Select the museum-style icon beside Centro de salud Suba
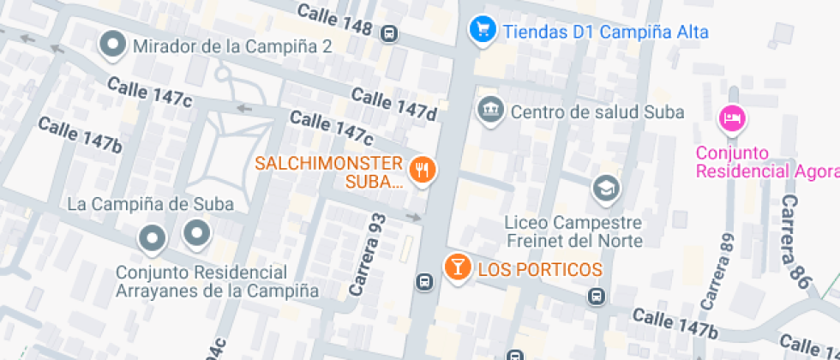coord(490,111)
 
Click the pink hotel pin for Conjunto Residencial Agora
coord(731,117)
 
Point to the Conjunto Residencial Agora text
coord(765,162)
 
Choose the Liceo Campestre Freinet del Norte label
coord(573,231)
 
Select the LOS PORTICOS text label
coord(540,269)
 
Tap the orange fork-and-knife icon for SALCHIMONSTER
coord(421,169)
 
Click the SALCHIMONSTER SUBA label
coord(329,171)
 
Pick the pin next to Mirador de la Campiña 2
coord(112,45)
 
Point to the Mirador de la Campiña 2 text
coord(231,45)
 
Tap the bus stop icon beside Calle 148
coord(389,33)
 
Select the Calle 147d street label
coord(393,105)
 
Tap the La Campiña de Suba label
coord(150,204)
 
